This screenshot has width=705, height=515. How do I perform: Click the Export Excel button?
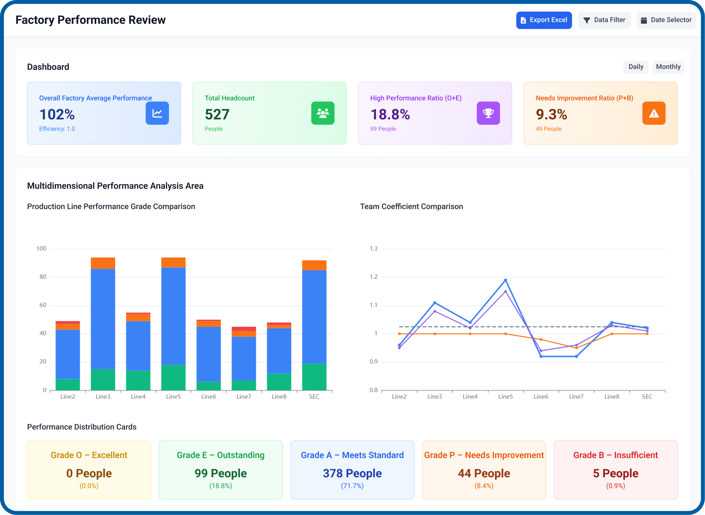pyautogui.click(x=544, y=20)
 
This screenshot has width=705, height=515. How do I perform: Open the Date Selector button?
pyautogui.click(x=666, y=20)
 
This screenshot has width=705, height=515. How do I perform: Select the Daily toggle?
pyautogui.click(x=635, y=67)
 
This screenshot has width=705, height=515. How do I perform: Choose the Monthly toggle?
pyautogui.click(x=668, y=67)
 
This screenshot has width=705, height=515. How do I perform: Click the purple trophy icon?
pyautogui.click(x=488, y=113)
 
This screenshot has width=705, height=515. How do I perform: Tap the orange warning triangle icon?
pyautogui.click(x=653, y=113)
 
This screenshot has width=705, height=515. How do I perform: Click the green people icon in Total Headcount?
pyautogui.click(x=323, y=113)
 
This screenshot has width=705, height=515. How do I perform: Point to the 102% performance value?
pyautogui.click(x=57, y=114)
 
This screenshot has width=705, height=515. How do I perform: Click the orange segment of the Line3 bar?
pyautogui.click(x=103, y=263)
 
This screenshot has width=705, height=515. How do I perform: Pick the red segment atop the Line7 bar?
pyautogui.click(x=244, y=329)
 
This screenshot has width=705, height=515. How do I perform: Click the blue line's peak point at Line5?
pyautogui.click(x=505, y=280)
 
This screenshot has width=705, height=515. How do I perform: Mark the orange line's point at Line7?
pyautogui.click(x=576, y=348)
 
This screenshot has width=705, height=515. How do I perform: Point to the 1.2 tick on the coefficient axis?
pyautogui.click(x=373, y=277)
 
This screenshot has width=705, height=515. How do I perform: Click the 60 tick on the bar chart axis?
pyautogui.click(x=43, y=305)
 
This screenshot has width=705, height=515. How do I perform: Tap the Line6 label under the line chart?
pyautogui.click(x=541, y=397)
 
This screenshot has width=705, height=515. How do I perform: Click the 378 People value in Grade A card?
pyautogui.click(x=352, y=473)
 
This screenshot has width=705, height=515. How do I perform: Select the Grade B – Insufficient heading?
pyautogui.click(x=615, y=455)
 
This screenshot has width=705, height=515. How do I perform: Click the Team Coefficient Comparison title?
pyautogui.click(x=411, y=206)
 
